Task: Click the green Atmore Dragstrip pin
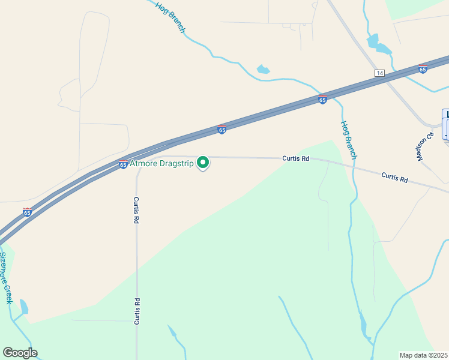click(203, 162)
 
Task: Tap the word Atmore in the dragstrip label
click(147, 163)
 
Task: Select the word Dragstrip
click(179, 163)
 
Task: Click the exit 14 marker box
click(379, 73)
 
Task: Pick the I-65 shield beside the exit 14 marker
click(423, 69)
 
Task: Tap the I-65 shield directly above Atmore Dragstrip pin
click(221, 130)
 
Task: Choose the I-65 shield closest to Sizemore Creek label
click(27, 212)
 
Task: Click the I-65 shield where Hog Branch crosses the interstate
click(322, 100)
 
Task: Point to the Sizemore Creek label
click(6, 277)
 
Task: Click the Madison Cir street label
click(426, 146)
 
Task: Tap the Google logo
click(20, 352)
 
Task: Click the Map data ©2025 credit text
click(423, 355)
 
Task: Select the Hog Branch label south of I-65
click(349, 140)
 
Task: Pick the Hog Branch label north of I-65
click(170, 16)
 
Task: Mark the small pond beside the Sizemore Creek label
click(24, 307)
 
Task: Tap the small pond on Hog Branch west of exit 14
click(263, 70)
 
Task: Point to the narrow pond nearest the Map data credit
click(363, 326)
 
